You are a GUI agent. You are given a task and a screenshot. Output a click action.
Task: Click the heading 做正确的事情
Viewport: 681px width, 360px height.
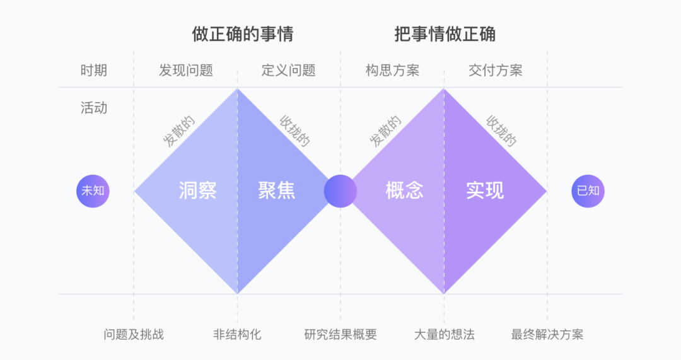tap(243, 34)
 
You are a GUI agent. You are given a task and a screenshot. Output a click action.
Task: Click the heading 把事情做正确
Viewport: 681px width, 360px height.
tap(445, 34)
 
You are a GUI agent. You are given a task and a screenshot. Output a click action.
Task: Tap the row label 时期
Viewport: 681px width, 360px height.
tap(94, 70)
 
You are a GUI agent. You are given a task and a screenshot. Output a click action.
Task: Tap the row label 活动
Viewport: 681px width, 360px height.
tap(94, 108)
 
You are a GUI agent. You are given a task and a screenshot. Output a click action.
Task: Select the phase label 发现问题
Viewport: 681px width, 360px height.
tap(186, 70)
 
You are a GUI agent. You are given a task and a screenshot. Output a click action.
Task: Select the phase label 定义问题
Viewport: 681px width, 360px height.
tap(289, 70)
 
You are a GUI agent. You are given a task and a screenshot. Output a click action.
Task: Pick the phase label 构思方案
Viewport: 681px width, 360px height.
tap(392, 70)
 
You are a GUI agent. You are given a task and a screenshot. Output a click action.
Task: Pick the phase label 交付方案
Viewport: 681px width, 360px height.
tap(496, 70)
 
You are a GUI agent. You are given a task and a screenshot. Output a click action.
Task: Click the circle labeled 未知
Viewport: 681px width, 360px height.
tap(93, 190)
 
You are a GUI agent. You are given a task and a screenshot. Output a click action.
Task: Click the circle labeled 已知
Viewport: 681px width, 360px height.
tap(588, 190)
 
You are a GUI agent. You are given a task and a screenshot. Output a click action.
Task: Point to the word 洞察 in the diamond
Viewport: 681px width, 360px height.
tap(197, 190)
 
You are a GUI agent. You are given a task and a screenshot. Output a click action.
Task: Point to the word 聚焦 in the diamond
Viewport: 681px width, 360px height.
tap(277, 190)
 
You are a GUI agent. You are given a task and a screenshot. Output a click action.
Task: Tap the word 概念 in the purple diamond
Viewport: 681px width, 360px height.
tap(404, 190)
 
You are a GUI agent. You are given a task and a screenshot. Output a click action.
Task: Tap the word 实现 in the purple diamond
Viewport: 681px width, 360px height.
tap(485, 190)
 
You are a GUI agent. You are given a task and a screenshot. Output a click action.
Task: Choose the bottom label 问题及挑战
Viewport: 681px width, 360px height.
tap(134, 334)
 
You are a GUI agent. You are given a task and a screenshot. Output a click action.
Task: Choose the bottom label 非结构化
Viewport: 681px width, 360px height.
tap(237, 334)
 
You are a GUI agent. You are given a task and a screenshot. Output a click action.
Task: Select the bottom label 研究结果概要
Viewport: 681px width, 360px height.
tap(340, 334)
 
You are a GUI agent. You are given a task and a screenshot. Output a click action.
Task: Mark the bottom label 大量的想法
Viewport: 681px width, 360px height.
tap(444, 334)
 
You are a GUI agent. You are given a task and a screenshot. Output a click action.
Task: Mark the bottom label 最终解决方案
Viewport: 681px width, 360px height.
tap(547, 334)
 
